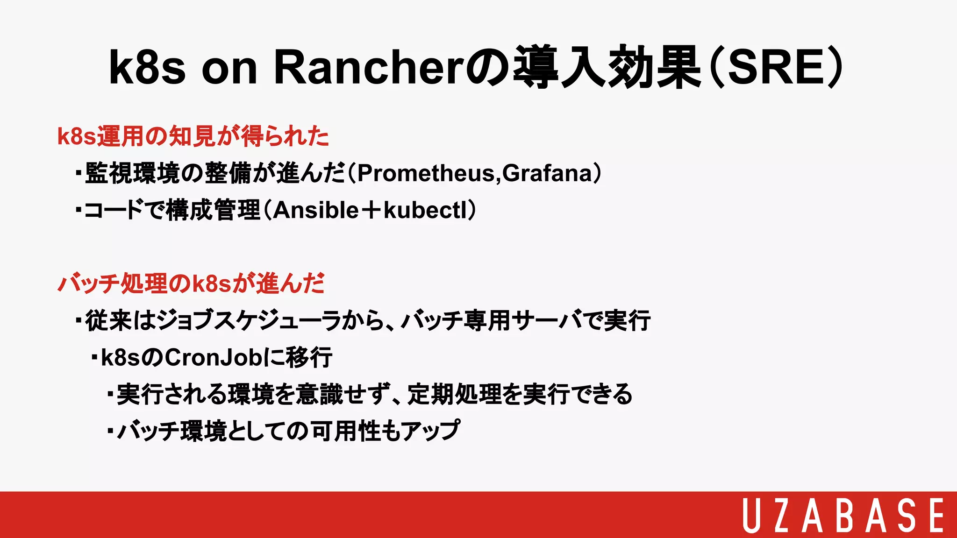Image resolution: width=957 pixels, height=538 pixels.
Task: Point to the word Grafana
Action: [x=547, y=173]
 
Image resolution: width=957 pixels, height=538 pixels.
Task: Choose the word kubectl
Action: [x=425, y=210]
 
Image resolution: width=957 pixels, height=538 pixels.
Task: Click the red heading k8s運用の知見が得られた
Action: [x=193, y=136]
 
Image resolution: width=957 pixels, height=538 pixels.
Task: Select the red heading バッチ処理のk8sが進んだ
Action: [x=191, y=283]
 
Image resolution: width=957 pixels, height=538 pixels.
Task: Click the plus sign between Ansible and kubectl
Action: [x=371, y=211]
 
